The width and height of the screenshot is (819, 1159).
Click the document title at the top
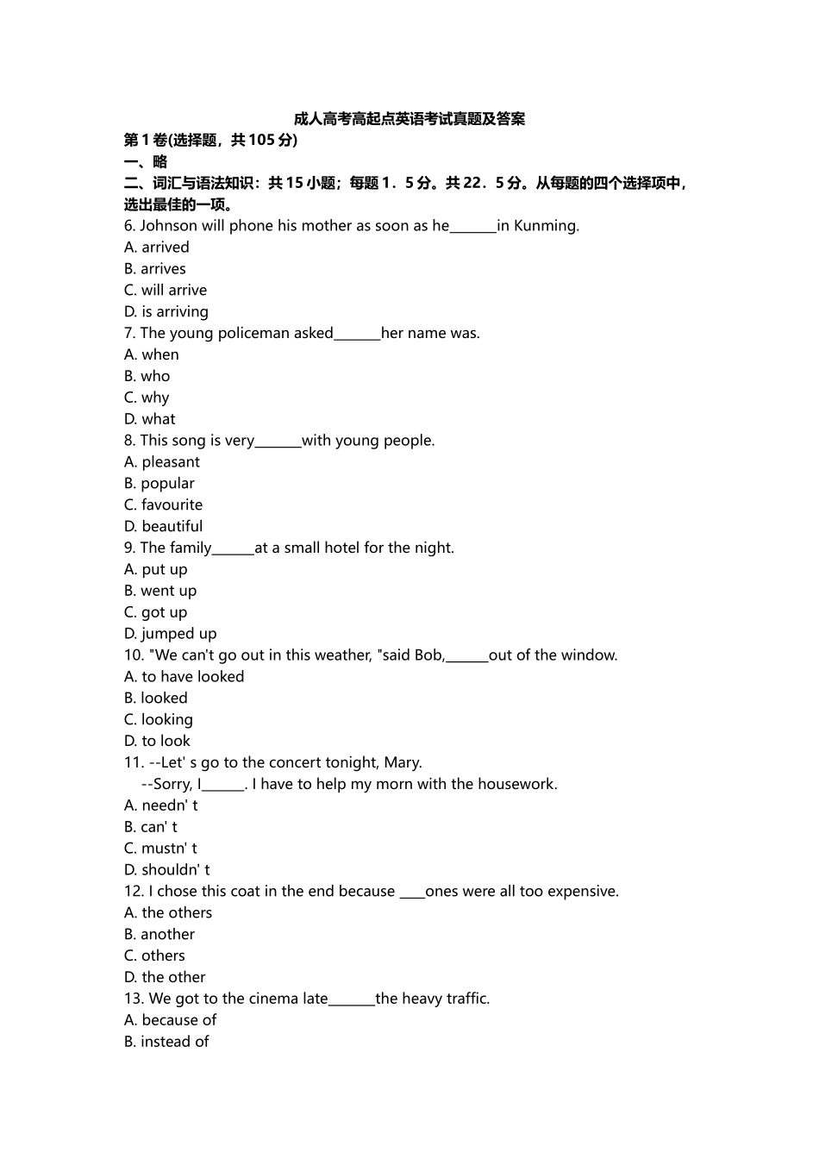[x=409, y=119]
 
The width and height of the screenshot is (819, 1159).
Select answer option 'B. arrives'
[x=155, y=269]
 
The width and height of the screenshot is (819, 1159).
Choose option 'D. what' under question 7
[x=150, y=419]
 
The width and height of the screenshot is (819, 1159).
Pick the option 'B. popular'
[x=159, y=484]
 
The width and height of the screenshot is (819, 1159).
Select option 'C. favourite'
[x=164, y=505]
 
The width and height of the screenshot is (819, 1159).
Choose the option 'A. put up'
[x=156, y=569]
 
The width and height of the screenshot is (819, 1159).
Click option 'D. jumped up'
[x=171, y=634]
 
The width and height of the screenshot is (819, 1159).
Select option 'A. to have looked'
[x=184, y=677]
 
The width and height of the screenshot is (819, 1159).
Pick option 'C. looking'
[x=159, y=719]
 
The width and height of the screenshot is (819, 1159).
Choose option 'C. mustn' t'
[x=161, y=849]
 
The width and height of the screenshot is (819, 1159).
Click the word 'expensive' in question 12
[x=583, y=891]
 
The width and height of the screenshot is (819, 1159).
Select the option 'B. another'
[x=159, y=934]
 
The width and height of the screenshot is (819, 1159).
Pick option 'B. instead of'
[x=166, y=1042]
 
